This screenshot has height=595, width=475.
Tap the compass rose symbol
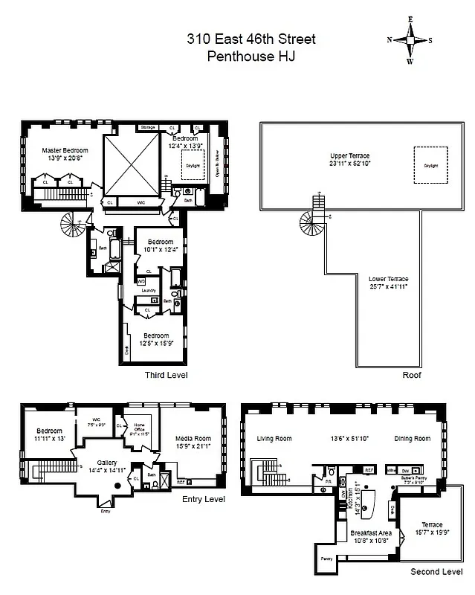pyautogui.click(x=410, y=41)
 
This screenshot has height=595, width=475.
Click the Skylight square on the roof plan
pyautogui.click(x=431, y=165)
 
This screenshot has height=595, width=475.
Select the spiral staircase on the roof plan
pyautogui.click(x=310, y=220)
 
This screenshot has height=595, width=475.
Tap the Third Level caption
pyautogui.click(x=166, y=376)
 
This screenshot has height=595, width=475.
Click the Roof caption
pyautogui.click(x=412, y=376)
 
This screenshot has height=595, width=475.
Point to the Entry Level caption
pyautogui.click(x=203, y=499)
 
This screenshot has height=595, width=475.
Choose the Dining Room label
pyautogui.click(x=413, y=439)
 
